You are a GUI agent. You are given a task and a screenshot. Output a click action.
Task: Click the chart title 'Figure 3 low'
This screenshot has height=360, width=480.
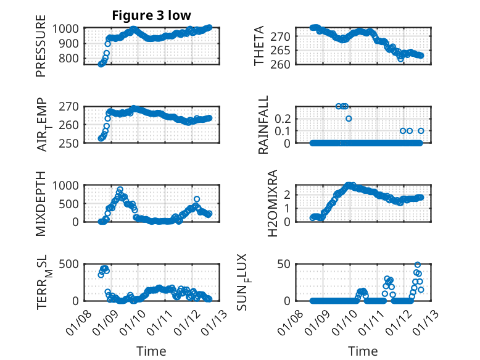pos(151,15)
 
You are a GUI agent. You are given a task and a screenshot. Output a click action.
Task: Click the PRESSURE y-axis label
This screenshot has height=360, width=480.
pos(41,50)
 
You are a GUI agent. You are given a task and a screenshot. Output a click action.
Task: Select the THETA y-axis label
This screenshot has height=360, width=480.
pos(259,46)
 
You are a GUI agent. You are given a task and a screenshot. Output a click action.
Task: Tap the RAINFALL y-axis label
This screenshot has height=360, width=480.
pos(263,124)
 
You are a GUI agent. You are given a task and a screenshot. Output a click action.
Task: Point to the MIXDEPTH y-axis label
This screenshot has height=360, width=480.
pos(41,203)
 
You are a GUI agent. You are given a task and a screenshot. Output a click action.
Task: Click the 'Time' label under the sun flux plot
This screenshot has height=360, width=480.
pos(363,351)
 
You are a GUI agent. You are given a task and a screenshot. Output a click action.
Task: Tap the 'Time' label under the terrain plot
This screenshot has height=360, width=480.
pos(151,351)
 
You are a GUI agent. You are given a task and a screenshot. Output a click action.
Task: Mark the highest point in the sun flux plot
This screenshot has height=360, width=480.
pos(418,265)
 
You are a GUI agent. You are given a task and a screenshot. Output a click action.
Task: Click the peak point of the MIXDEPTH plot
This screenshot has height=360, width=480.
pos(120,190)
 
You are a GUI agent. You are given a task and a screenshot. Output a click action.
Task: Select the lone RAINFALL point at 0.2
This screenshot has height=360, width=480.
pos(349,118)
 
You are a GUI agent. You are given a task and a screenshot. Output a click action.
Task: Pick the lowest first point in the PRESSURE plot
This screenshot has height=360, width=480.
pos(101,64)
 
